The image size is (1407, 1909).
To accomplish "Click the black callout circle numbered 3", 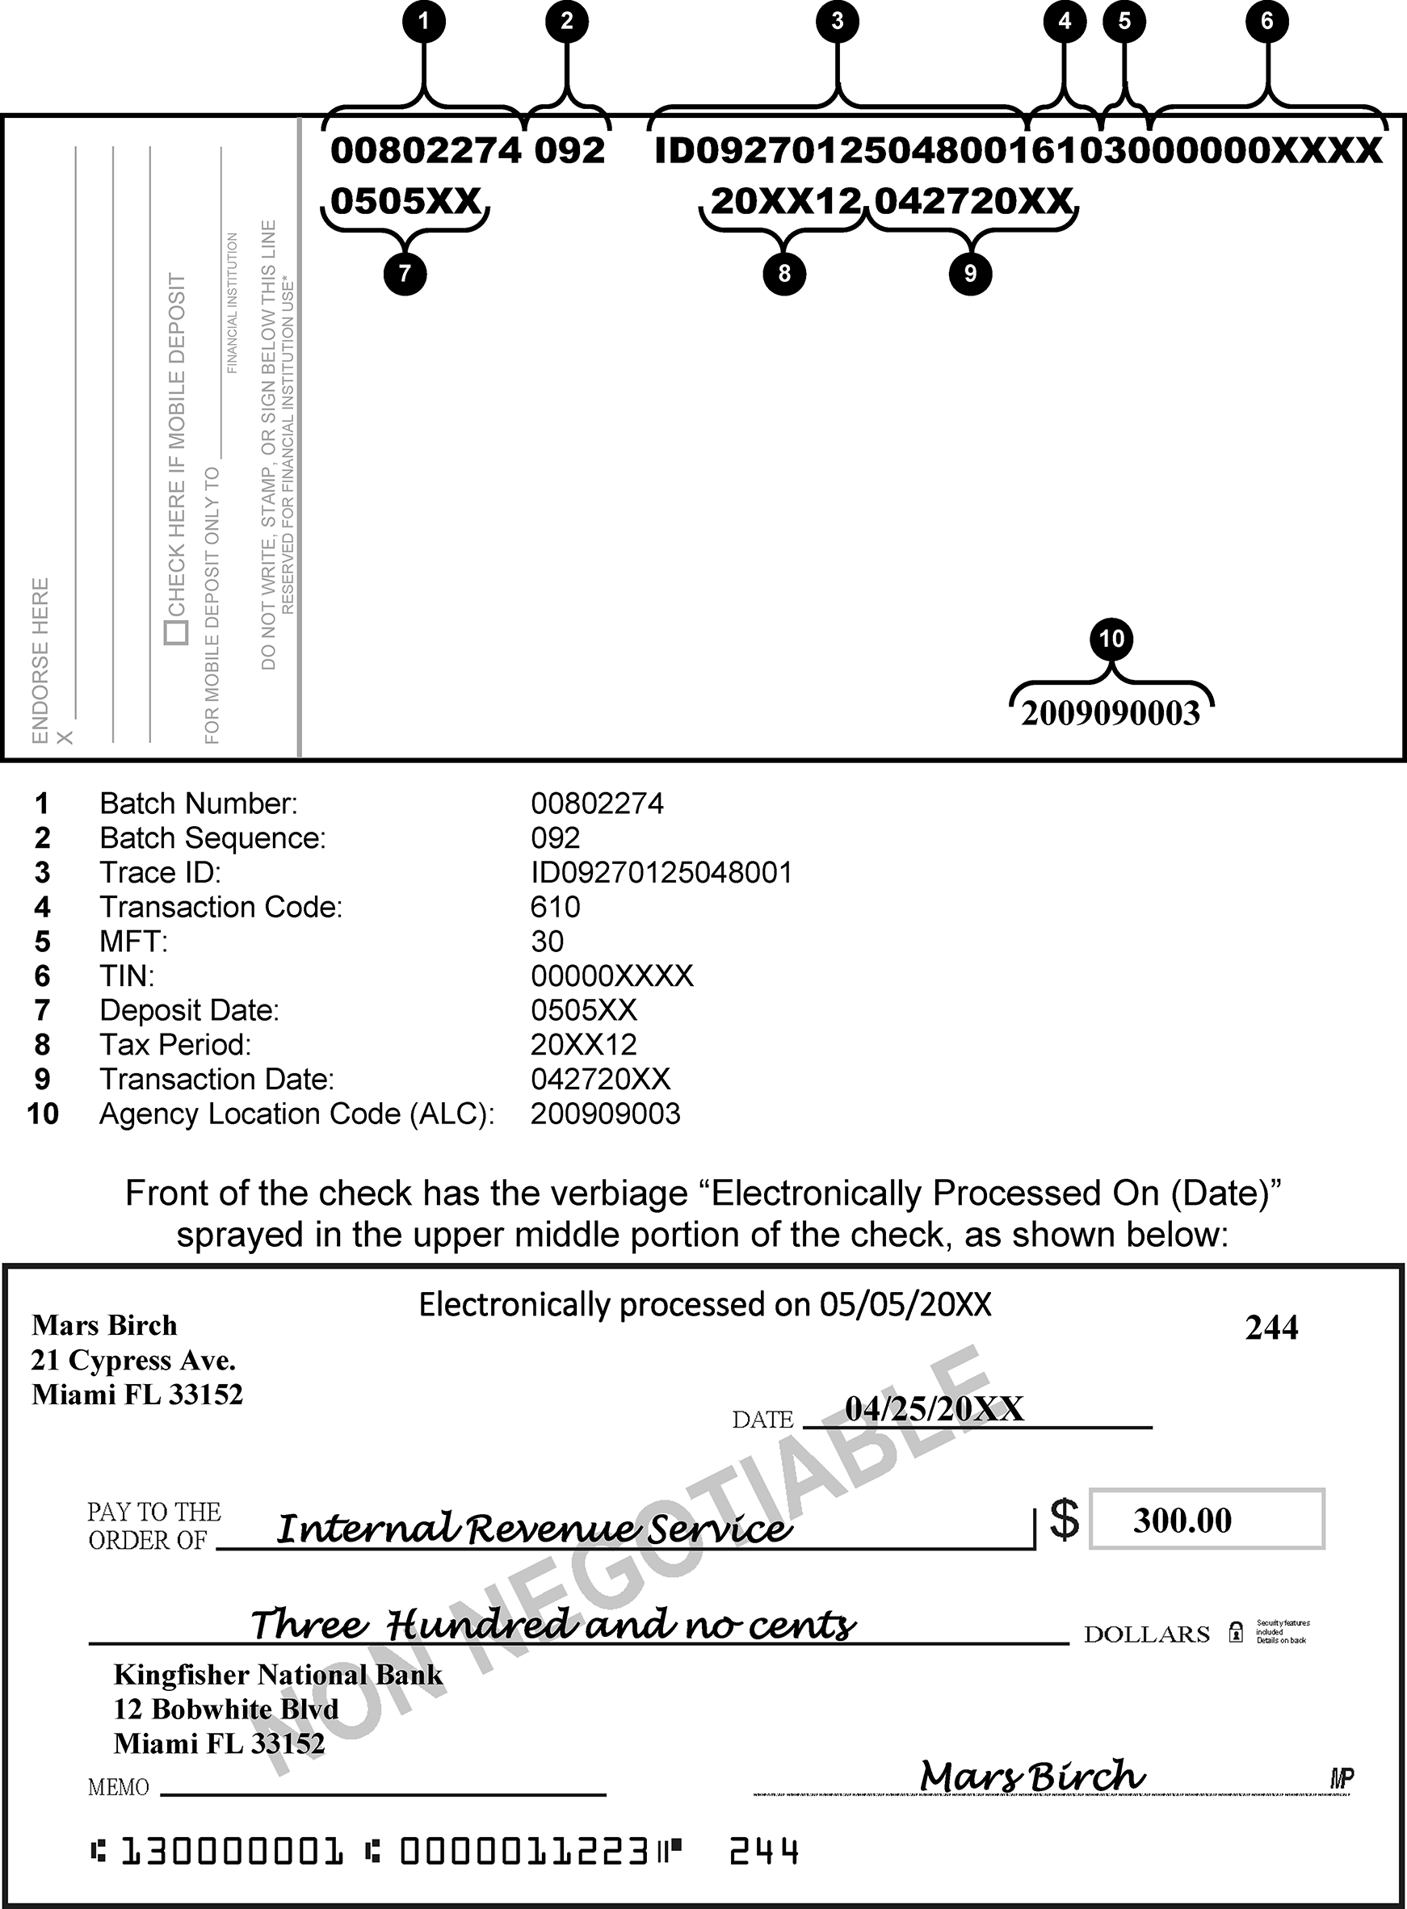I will point(838,20).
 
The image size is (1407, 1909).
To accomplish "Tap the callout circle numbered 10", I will point(1111,639).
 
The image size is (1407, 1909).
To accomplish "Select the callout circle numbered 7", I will point(405,273).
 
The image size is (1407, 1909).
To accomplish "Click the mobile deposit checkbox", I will point(176,632).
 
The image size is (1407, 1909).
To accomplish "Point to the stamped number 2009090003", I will point(1111,714).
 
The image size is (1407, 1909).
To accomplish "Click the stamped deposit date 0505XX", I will point(405,202).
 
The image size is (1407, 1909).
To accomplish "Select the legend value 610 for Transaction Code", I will point(556,907).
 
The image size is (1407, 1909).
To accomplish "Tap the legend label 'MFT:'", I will point(134,942).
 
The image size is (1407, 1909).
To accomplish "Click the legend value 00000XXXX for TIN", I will point(611,975).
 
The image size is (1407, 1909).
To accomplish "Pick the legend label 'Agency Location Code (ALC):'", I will point(297,1114).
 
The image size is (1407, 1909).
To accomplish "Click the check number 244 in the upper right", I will point(1270,1328).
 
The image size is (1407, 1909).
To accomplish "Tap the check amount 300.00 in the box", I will point(1182,1520).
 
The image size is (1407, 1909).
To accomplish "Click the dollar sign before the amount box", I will point(1065,1519).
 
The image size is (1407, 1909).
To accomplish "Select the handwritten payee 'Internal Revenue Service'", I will point(534,1529).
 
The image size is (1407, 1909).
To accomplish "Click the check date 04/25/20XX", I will point(934,1409).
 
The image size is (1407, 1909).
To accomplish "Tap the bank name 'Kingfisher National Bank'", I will point(278,1675).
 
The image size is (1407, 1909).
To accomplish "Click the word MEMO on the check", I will point(119,1787).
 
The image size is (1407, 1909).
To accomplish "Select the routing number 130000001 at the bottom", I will point(232,1851).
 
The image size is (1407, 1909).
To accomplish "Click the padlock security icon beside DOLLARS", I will point(1236,1632).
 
